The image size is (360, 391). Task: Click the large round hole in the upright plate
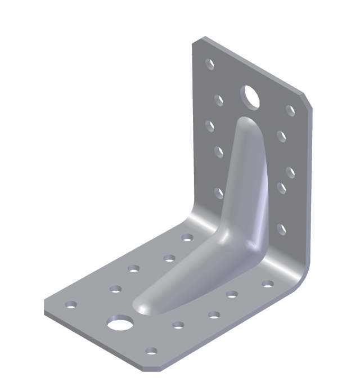click(251, 97)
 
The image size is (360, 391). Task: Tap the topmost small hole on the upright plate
click(209, 64)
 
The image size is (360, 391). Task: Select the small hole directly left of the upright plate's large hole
click(219, 100)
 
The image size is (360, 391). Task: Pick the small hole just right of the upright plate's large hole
click(290, 110)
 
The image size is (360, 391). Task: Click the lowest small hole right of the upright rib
click(281, 229)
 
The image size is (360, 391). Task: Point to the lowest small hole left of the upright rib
click(219, 194)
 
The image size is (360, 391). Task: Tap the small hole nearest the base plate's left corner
click(71, 304)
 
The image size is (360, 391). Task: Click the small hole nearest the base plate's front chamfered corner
click(151, 351)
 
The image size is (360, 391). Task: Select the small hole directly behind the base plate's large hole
click(115, 289)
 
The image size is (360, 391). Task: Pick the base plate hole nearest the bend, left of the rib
click(187, 237)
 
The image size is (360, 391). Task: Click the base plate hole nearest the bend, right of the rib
click(268, 284)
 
